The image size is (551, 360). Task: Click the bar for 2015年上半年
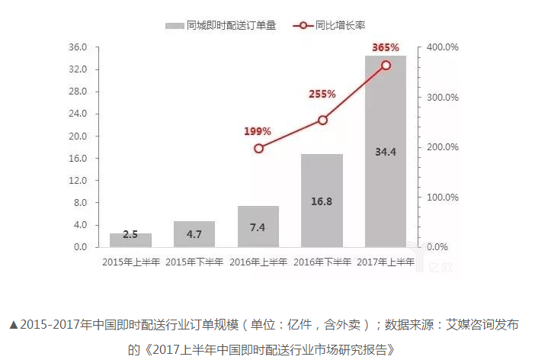pos(130,240)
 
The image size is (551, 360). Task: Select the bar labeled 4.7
pos(194,234)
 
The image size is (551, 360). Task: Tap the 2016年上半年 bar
pos(258,227)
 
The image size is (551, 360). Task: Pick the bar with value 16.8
pos(322,201)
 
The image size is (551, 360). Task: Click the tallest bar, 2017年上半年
pos(386,153)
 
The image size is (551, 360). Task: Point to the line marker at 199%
pos(258,148)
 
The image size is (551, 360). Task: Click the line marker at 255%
pos(322,120)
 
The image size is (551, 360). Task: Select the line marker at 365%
pos(386,66)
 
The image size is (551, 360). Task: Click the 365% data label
pos(386,47)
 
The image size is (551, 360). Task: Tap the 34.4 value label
pos(386,153)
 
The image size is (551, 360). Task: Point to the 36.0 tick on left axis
pos(79,47)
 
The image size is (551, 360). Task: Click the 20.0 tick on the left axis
pos(79,136)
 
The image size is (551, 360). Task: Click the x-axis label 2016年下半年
pos(322,262)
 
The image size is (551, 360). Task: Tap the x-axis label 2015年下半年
pos(194,262)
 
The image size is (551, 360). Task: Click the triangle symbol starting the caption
pos(14,325)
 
